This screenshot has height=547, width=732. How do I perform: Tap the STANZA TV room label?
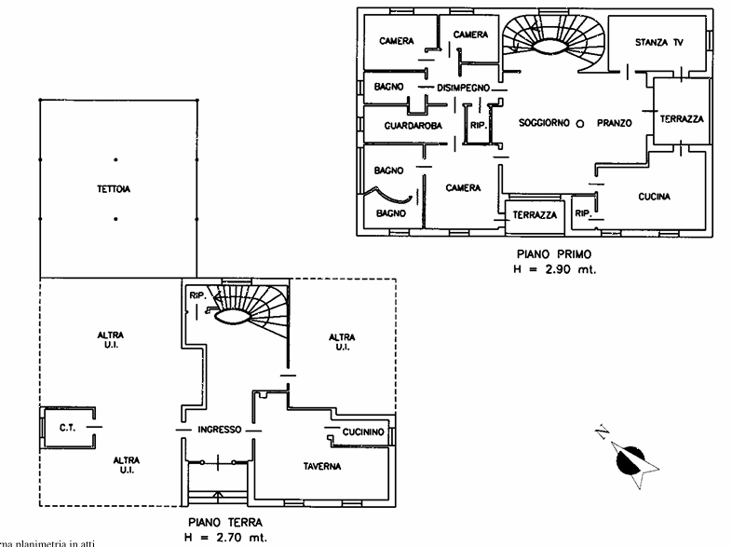point(658,43)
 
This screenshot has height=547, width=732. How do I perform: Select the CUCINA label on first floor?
point(655,197)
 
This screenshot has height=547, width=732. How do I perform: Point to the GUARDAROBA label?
point(413,124)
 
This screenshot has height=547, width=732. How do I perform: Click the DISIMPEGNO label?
point(463,88)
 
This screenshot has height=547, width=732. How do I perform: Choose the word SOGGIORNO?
point(545,123)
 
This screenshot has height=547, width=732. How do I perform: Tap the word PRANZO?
point(615,123)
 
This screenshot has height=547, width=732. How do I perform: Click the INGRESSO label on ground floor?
point(220,430)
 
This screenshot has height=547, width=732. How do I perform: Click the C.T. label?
point(67,428)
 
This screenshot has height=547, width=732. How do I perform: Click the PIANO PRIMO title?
point(553,253)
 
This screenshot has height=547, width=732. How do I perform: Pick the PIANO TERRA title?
point(224,522)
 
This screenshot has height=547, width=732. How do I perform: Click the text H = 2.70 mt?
point(224,538)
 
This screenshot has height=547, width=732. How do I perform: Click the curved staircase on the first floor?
point(553,42)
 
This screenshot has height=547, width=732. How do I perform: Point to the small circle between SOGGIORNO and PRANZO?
point(579,123)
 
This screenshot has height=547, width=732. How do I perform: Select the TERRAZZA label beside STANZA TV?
point(682,120)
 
